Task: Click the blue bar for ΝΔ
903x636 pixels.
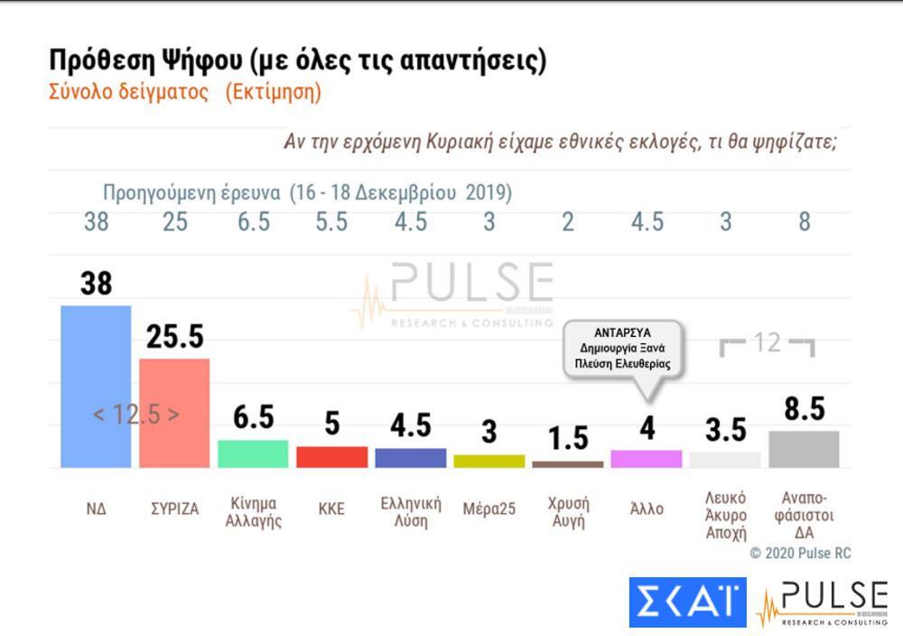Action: click(96, 386)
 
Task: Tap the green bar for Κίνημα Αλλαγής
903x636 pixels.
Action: click(253, 454)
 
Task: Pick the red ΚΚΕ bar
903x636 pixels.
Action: click(331, 456)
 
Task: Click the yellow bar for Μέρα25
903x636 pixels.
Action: click(489, 461)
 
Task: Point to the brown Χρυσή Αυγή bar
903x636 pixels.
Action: click(567, 463)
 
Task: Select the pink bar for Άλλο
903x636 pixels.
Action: click(646, 458)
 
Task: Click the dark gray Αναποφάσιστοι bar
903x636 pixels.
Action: click(804, 449)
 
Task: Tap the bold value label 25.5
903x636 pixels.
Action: click(174, 337)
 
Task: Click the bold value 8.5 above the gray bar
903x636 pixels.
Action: click(804, 408)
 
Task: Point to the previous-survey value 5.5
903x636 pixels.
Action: click(331, 222)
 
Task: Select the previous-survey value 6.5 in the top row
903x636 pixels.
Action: click(253, 222)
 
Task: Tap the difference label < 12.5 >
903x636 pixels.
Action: click(136, 414)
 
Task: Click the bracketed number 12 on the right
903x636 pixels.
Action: click(767, 343)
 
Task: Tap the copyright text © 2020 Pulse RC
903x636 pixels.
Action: click(800, 553)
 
